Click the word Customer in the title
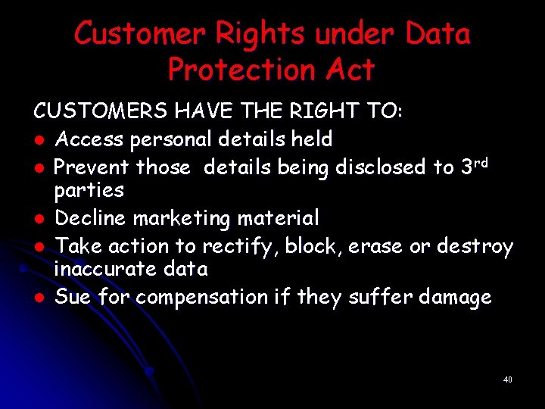point(139,34)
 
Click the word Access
point(89,139)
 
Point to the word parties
point(89,190)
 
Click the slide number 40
point(507,379)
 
